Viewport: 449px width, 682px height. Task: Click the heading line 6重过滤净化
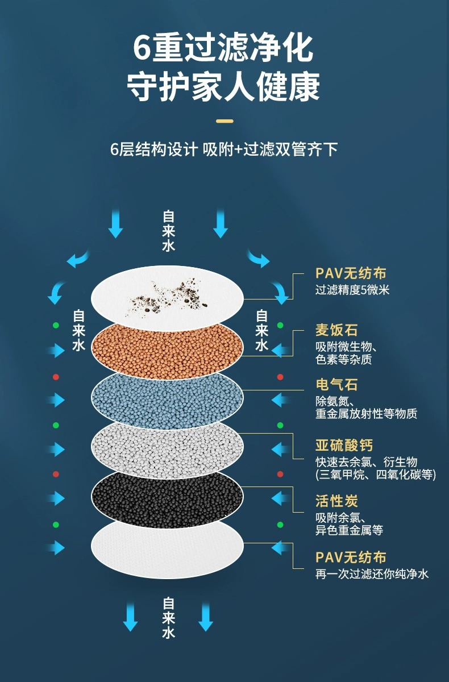[x=223, y=48]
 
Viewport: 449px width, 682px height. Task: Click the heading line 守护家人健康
[x=223, y=86]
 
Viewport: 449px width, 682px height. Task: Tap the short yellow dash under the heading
[x=225, y=120]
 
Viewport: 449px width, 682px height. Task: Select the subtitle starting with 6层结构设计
[x=224, y=149]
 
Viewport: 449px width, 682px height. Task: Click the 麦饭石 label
[x=336, y=330]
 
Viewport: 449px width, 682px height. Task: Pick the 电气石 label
[x=336, y=385]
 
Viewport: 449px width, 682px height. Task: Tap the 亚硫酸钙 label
[x=344, y=445]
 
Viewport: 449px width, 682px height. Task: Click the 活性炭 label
[x=336, y=501]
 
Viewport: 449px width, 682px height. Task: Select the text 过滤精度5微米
[x=352, y=290]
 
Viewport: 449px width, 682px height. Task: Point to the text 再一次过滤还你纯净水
[x=372, y=574]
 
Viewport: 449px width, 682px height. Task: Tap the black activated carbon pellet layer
[x=168, y=494]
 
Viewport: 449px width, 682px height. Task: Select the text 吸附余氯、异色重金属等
[x=349, y=524]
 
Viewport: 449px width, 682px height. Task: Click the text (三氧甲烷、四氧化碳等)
[x=376, y=475]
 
